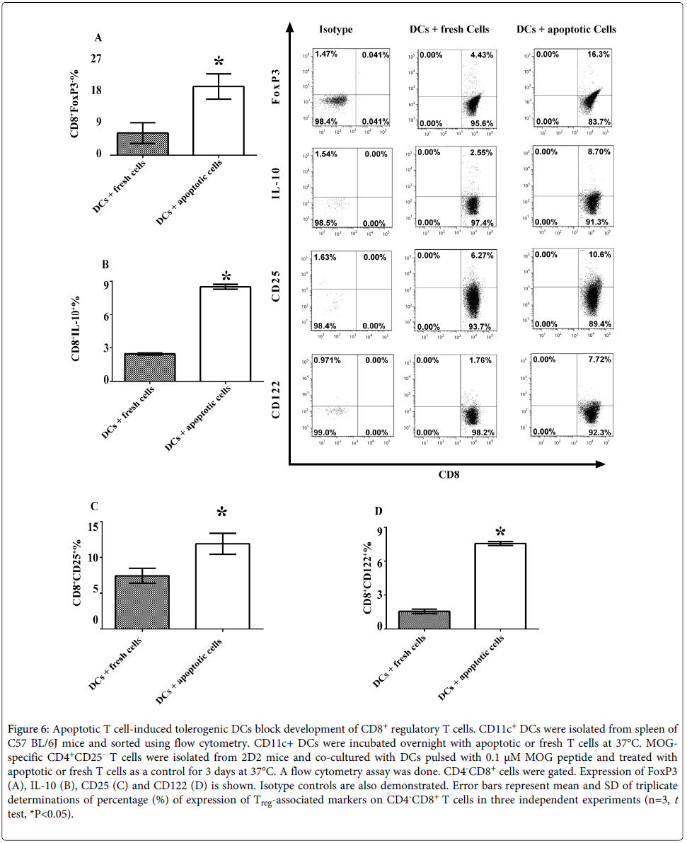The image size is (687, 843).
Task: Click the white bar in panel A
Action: pos(218,120)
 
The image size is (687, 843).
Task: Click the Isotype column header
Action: pos(335,30)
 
